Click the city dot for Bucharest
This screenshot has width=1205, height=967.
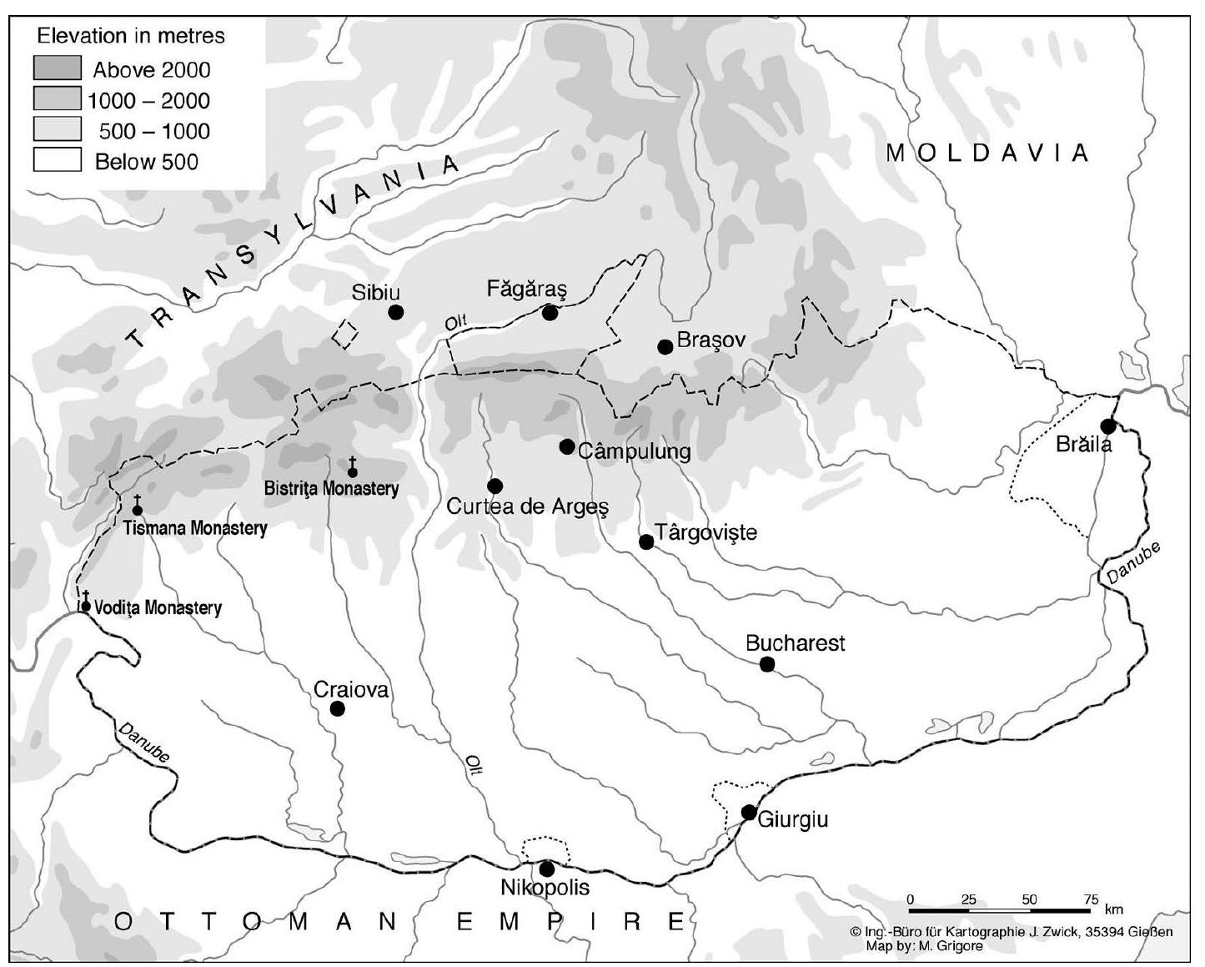[767, 664]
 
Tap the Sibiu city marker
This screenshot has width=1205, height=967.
[396, 312]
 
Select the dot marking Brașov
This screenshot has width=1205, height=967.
[665, 346]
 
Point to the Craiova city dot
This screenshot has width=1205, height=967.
[338, 708]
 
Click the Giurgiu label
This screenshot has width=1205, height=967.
[792, 819]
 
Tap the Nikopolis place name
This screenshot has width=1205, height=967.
[545, 888]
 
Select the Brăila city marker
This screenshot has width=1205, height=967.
[1108, 426]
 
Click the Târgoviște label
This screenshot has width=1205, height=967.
[705, 532]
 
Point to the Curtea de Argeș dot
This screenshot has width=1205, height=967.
[495, 486]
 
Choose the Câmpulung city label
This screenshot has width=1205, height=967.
[634, 451]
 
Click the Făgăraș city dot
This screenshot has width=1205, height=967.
[550, 313]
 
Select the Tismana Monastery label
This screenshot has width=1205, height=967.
[195, 528]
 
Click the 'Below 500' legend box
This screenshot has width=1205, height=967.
[58, 160]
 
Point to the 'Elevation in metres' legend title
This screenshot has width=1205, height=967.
[131, 36]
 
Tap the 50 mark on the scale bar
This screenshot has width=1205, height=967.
[1030, 899]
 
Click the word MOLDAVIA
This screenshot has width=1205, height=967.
[987, 153]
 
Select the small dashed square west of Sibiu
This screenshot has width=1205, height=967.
[345, 333]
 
